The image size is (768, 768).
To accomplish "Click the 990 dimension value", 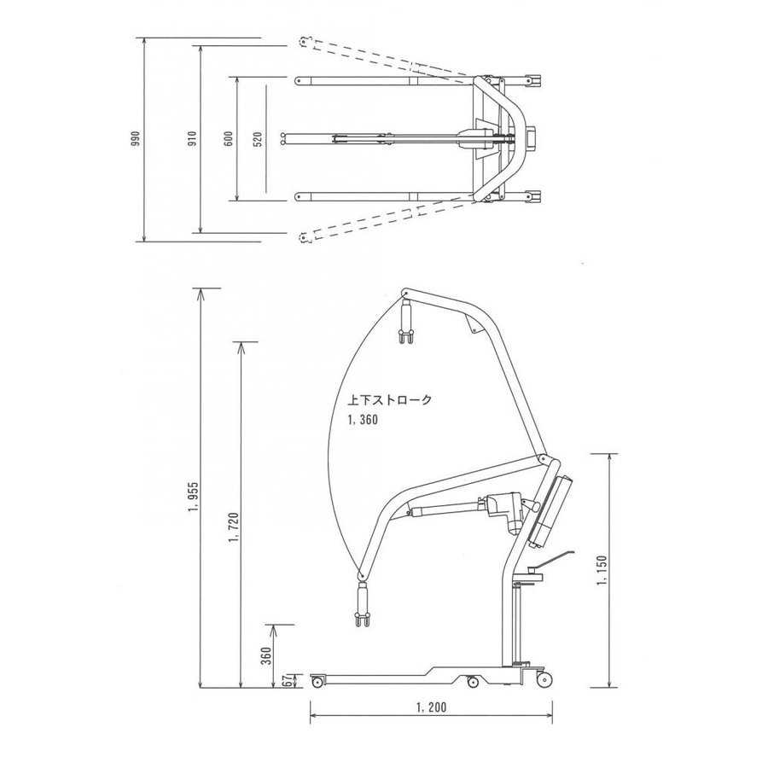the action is (137, 138).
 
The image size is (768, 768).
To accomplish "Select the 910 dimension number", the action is (192, 139).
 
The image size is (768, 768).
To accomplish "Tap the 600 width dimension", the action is (228, 139).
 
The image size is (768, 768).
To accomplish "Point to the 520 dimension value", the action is (258, 139).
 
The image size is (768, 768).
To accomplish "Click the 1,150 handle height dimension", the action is (602, 571).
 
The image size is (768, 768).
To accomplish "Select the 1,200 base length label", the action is (431, 707).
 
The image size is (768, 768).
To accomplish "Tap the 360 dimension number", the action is (266, 656).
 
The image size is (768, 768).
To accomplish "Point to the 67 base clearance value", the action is (288, 679).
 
